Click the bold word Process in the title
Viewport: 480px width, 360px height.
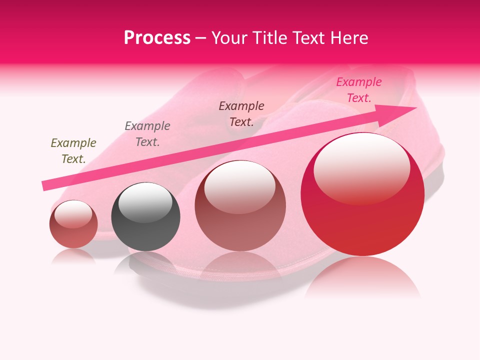point(157,38)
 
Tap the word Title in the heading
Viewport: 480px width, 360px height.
point(272,38)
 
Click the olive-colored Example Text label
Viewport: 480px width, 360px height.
point(73,151)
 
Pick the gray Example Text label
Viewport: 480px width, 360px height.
point(147,134)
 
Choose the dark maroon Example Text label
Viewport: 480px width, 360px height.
point(241,114)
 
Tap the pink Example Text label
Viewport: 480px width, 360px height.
point(359,90)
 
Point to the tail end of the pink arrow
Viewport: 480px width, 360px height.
point(45,186)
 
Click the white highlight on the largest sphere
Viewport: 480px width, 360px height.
point(362,167)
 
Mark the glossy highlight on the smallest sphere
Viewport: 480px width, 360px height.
point(73,214)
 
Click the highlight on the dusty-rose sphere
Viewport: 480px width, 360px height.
point(240,186)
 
